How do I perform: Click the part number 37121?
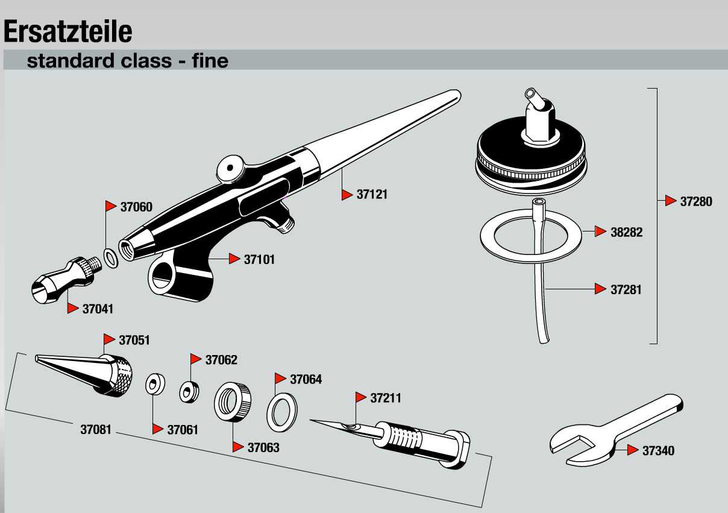click(x=372, y=195)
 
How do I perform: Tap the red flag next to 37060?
click(x=111, y=206)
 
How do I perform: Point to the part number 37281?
click(x=626, y=289)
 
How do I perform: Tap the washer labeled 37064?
click(x=282, y=412)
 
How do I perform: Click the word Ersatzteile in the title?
click(x=67, y=31)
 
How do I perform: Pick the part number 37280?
click(x=696, y=201)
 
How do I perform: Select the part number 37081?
click(x=96, y=430)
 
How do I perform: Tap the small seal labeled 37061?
click(x=154, y=384)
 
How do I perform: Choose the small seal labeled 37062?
click(x=189, y=392)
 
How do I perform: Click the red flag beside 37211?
click(x=361, y=397)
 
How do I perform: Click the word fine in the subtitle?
click(x=210, y=61)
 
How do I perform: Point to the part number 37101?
click(x=259, y=259)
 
